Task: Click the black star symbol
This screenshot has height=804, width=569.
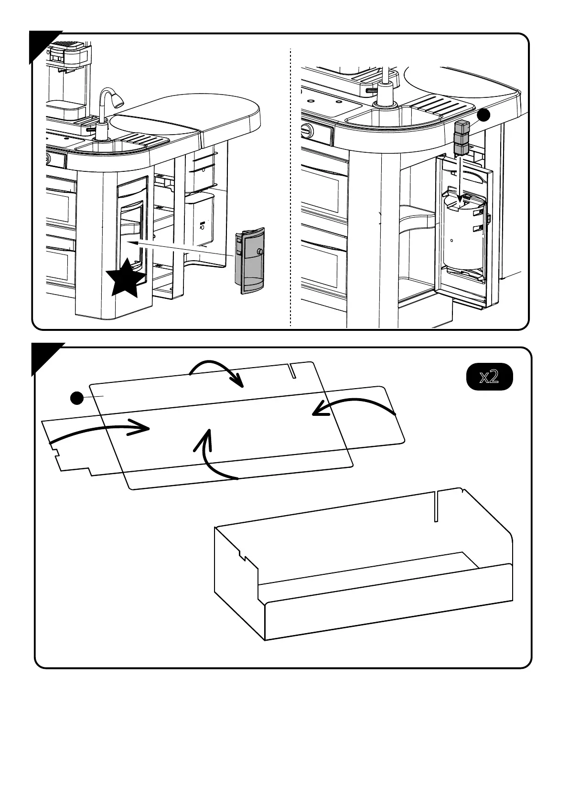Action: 125,278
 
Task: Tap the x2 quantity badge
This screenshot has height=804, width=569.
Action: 489,377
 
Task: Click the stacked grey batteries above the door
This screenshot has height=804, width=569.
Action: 462,138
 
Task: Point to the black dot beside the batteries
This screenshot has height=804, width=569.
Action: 484,115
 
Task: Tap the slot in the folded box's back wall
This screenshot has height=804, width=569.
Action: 435,506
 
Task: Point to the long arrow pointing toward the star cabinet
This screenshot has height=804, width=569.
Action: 182,249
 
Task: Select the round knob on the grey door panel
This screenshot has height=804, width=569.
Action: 259,251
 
